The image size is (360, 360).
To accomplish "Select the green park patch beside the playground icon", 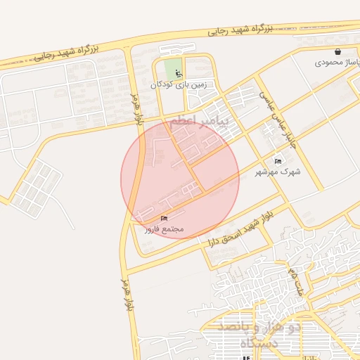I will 171,69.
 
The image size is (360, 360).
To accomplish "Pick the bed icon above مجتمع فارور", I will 165,219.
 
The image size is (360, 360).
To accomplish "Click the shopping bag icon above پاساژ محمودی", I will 338,52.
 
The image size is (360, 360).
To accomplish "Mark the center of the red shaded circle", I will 179,179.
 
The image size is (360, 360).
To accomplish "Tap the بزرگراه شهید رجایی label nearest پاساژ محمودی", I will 240,29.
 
